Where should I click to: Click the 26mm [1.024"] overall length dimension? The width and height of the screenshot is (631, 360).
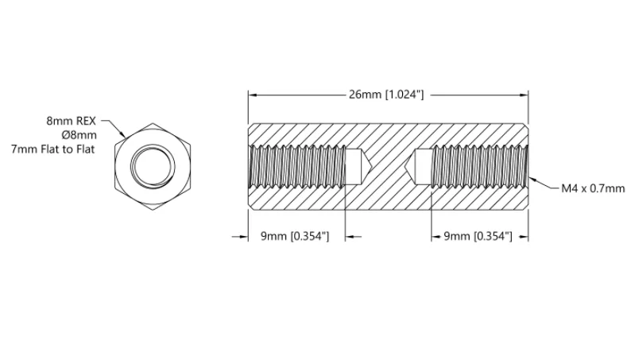tap(386, 95)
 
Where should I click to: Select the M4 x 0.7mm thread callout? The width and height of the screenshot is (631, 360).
tap(593, 188)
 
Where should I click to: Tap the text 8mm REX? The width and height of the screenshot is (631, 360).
tap(72, 121)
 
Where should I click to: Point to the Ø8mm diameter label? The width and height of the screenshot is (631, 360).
tap(79, 135)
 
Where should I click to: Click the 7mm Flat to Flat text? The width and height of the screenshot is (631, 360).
tap(52, 149)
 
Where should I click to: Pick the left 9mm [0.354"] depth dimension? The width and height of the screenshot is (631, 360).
tap(295, 236)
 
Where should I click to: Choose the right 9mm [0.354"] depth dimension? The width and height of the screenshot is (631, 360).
tap(478, 236)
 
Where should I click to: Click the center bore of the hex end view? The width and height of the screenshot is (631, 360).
tap(153, 166)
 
